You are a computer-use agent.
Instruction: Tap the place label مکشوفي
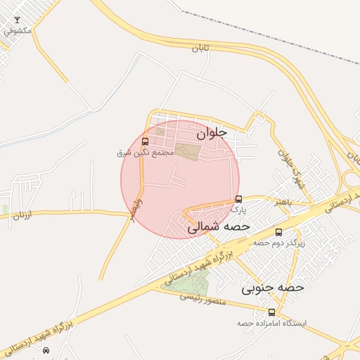click(17, 31)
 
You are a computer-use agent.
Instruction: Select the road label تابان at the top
click(201, 49)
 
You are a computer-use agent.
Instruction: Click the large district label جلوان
click(212, 131)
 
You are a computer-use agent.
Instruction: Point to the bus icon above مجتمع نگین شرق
click(146, 142)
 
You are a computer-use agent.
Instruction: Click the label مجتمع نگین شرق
click(146, 153)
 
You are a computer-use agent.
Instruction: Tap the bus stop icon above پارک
click(239, 198)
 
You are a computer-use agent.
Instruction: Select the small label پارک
click(239, 209)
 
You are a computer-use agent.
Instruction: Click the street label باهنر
click(283, 202)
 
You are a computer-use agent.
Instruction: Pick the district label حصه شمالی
click(219, 227)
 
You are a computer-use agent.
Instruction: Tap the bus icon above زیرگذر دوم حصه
click(278, 232)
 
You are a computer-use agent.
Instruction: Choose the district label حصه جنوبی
click(273, 288)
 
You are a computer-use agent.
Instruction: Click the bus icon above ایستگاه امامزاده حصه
click(272, 312)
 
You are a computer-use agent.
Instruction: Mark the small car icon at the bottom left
click(46, 350)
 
